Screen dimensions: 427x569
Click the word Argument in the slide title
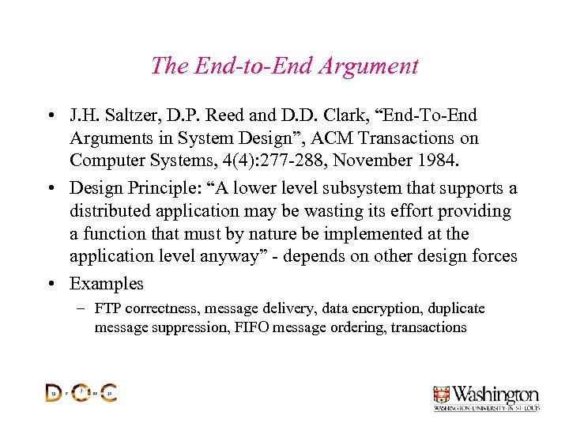[369, 66]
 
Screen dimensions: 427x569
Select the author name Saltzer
[128, 116]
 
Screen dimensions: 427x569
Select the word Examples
[107, 283]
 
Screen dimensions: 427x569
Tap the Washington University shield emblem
[441, 395]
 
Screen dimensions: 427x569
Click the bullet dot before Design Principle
[50, 189]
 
